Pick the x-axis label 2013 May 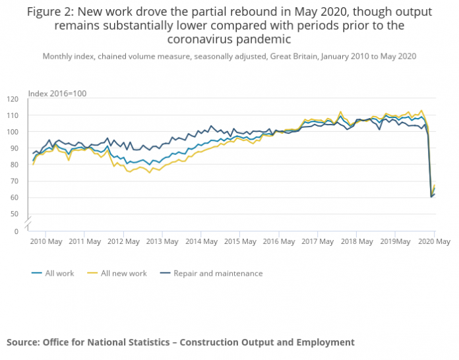[x=163, y=242]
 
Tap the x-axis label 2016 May [x=278, y=242]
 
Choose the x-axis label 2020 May [x=435, y=242]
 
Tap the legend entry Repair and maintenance [x=218, y=274]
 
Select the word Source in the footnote [x=23, y=342]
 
